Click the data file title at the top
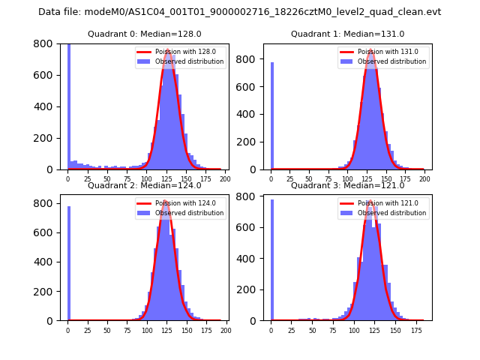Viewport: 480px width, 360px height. (239, 12)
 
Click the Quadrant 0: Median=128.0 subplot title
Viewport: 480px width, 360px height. (145, 34)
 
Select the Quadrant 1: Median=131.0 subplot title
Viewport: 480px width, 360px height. (347, 34)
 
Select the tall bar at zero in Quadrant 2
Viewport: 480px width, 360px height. (68, 263)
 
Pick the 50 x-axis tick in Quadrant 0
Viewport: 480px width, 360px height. (107, 179)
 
